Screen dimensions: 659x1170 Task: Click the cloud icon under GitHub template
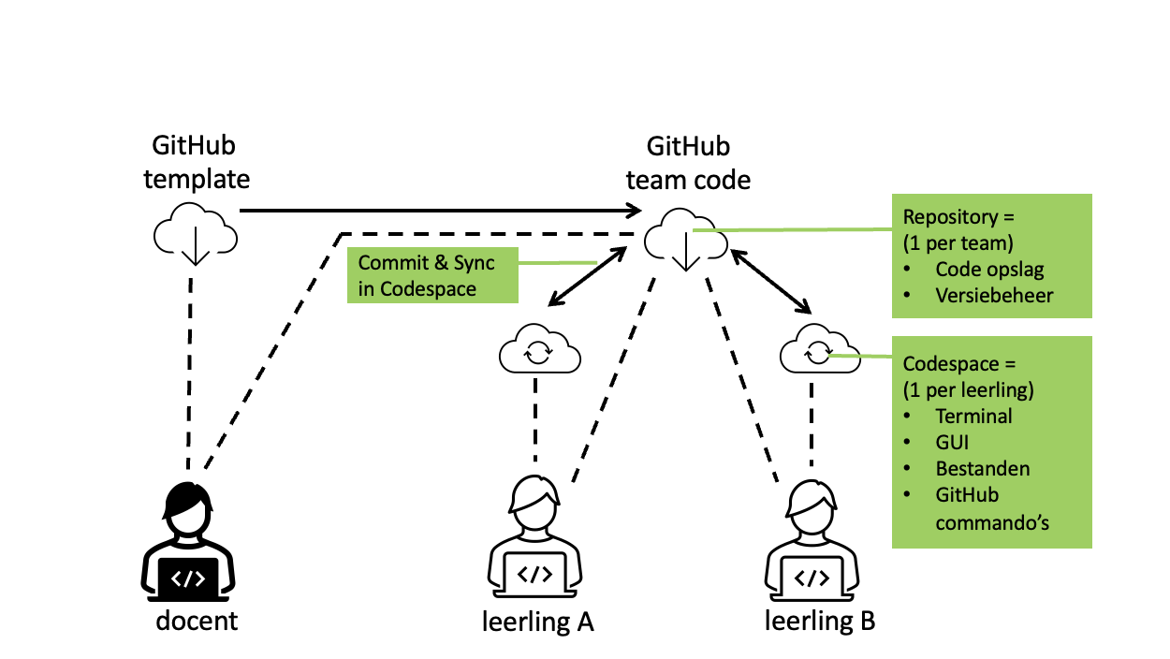point(194,235)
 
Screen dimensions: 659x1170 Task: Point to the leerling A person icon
point(534,542)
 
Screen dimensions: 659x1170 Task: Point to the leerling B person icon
point(812,542)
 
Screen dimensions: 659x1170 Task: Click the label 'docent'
point(197,620)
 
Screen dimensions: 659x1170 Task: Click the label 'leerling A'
point(537,622)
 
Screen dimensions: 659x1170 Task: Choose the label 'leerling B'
point(820,621)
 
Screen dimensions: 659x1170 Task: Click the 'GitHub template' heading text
point(197,162)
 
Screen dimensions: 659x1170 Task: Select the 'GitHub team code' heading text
point(688,163)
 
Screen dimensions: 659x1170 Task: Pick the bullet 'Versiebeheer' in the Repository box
point(994,296)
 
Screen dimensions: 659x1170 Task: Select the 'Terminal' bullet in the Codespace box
point(973,416)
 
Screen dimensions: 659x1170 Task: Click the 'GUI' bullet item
point(953,442)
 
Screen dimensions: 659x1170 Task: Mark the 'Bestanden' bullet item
point(983,468)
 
